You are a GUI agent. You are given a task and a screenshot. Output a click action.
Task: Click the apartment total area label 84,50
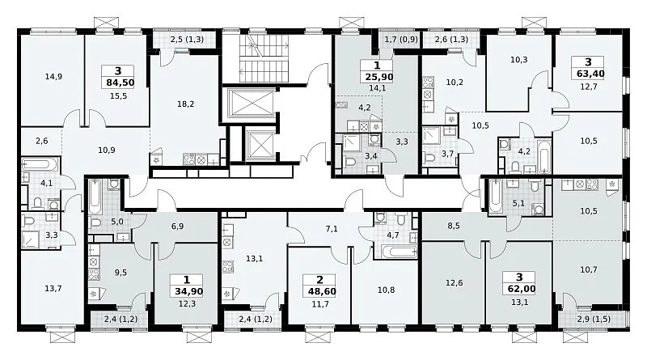[120, 83]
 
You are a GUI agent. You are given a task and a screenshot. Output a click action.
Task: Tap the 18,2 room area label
[186, 104]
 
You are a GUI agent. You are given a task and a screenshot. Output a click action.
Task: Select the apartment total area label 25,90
[378, 77]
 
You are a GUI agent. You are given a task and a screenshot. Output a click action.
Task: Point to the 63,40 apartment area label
[588, 74]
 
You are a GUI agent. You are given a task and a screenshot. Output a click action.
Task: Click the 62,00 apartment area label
[519, 289]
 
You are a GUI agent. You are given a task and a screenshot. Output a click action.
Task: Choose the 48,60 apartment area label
[322, 291]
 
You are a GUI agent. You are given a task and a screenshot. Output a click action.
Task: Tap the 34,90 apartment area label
[188, 291]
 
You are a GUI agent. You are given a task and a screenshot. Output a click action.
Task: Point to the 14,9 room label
[53, 76]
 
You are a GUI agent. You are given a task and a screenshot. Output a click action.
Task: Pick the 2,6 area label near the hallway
[42, 141]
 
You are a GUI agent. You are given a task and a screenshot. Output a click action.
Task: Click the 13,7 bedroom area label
[53, 288]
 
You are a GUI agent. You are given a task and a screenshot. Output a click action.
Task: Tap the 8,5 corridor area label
[454, 226]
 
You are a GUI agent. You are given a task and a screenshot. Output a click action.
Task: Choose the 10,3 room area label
[518, 59]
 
